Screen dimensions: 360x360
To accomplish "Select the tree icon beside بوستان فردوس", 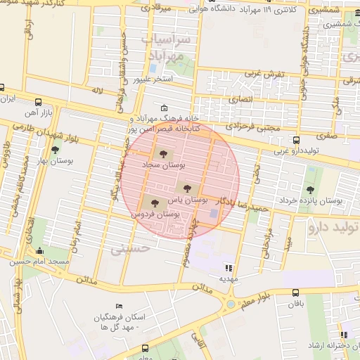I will (x=155, y=203).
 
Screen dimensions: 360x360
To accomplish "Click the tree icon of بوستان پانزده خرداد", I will (x=310, y=190).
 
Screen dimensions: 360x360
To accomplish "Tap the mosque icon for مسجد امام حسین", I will (x=39, y=251).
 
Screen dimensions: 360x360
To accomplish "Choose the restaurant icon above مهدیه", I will (x=227, y=267).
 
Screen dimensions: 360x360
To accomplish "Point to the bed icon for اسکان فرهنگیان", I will (x=119, y=307).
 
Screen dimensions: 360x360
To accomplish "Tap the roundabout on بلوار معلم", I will (x=231, y=304).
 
